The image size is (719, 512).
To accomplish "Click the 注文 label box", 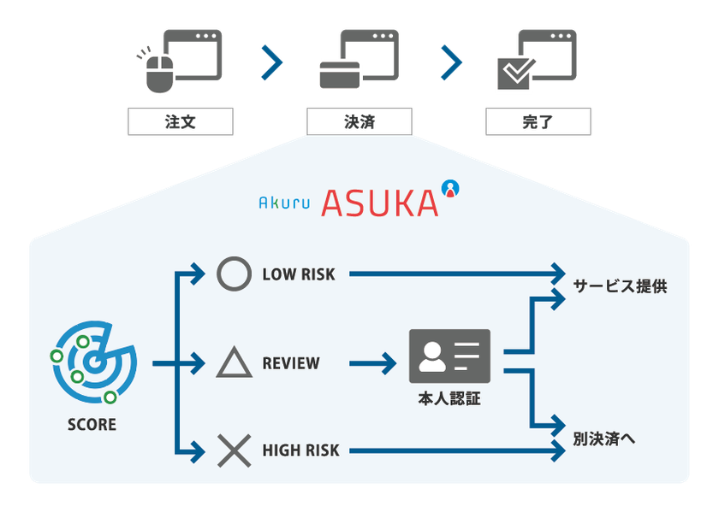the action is [x=181, y=121].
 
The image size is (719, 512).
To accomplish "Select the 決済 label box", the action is [x=359, y=121].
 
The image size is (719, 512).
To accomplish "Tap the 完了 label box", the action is [x=538, y=121].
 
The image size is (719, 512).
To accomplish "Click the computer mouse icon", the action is [x=159, y=73].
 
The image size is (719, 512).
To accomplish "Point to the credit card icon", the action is [x=340, y=74].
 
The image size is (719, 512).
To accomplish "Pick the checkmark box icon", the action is [x=516, y=74].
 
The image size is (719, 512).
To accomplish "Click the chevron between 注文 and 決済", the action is [x=272, y=62].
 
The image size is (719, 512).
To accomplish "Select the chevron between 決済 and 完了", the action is [x=451, y=62].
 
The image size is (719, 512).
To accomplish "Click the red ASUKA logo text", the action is [x=380, y=203].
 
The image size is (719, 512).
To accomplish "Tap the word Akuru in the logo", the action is [x=284, y=203].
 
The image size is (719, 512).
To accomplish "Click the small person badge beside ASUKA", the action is [x=450, y=188].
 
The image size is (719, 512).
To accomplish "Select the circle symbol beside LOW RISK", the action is [x=234, y=274].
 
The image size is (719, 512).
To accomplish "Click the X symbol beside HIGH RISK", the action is [x=234, y=450].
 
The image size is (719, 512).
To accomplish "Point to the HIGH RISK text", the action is [x=300, y=450].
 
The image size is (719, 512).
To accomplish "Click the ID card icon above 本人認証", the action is [x=449, y=356].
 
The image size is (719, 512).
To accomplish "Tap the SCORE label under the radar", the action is [x=92, y=425].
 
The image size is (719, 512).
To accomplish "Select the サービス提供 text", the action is [x=620, y=286].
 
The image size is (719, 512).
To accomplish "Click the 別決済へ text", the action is [x=604, y=438].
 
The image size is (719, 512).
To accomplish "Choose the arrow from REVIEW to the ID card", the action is [x=373, y=363].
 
